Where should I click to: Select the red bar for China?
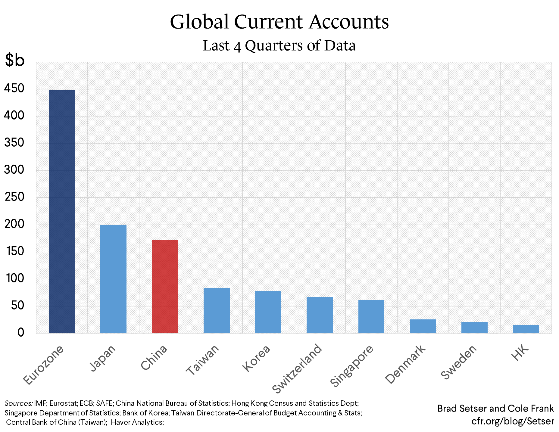(x=165, y=286)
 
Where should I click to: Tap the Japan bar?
(x=113, y=279)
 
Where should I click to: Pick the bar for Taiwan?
(x=217, y=310)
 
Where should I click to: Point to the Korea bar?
(x=268, y=312)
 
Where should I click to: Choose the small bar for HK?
(x=526, y=329)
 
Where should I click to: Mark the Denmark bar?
(x=423, y=326)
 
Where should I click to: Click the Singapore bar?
(x=371, y=316)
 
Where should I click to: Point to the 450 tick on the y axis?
(x=14, y=89)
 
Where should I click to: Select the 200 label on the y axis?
(x=14, y=224)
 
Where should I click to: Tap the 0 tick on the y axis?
(x=20, y=333)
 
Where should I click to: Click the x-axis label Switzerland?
(x=297, y=368)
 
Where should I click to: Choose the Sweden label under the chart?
(x=459, y=362)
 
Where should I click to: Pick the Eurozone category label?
(x=43, y=365)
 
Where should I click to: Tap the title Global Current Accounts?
(x=279, y=22)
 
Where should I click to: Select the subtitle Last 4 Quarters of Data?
(x=279, y=46)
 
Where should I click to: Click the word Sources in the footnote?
(x=18, y=403)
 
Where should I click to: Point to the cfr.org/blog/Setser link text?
(x=513, y=421)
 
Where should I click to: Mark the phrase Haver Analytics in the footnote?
(x=137, y=422)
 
